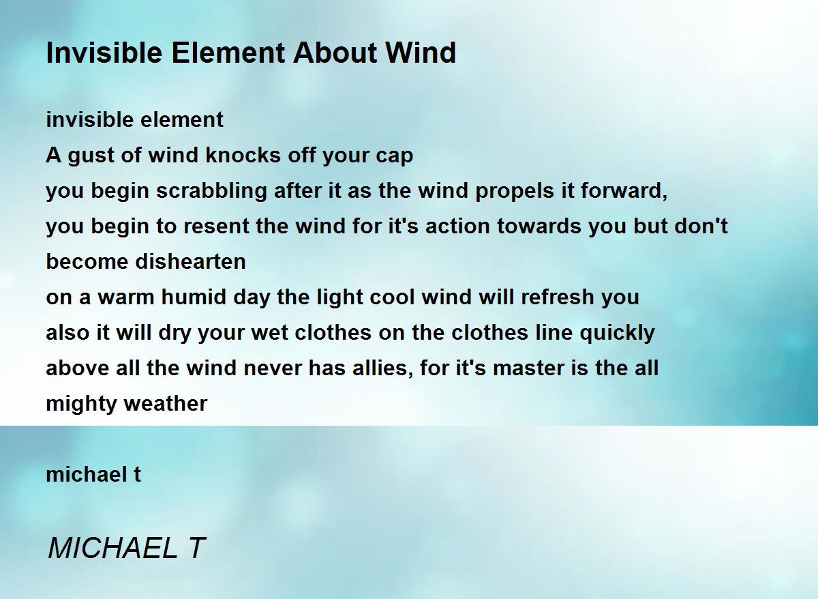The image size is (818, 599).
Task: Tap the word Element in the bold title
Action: click(x=228, y=53)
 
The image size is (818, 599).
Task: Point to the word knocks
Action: click(x=243, y=155)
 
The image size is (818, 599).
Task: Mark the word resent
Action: click(x=217, y=227)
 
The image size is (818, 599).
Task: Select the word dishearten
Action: click(x=190, y=261)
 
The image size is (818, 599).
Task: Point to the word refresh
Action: click(x=558, y=297)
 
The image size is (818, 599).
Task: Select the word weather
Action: click(x=166, y=403)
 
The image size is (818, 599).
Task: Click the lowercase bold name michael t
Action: click(x=93, y=474)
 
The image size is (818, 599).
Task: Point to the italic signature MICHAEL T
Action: click(x=126, y=548)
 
